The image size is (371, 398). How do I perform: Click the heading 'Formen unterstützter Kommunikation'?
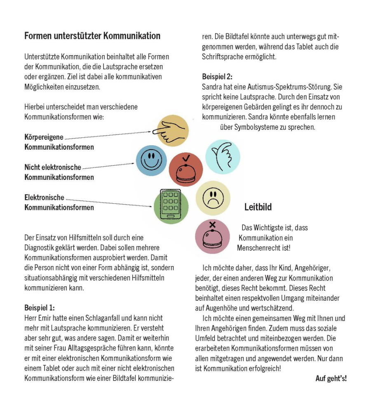[x=92, y=36]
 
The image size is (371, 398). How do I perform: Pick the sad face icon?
[x=213, y=197]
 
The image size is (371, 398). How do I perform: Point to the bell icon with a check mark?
[x=186, y=170]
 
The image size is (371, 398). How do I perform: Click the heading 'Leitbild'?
[x=258, y=207]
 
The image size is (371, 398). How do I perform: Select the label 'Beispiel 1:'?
[x=40, y=308]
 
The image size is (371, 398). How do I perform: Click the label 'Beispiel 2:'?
[x=217, y=77]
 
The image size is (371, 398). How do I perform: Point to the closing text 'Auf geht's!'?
[x=331, y=378]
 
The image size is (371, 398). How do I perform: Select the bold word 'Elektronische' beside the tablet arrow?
[x=45, y=198]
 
